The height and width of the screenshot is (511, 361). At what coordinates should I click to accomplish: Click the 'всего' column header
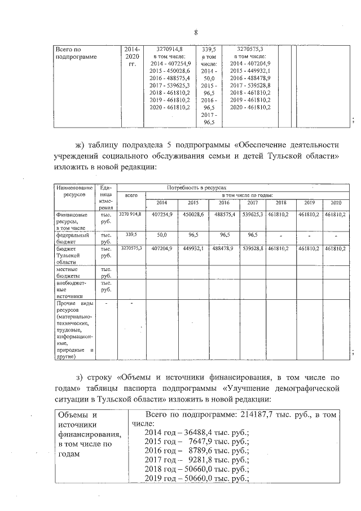[131, 194]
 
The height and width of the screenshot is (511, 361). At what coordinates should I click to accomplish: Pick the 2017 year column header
[252, 202]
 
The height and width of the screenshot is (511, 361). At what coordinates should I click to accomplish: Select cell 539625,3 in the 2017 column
[252, 215]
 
